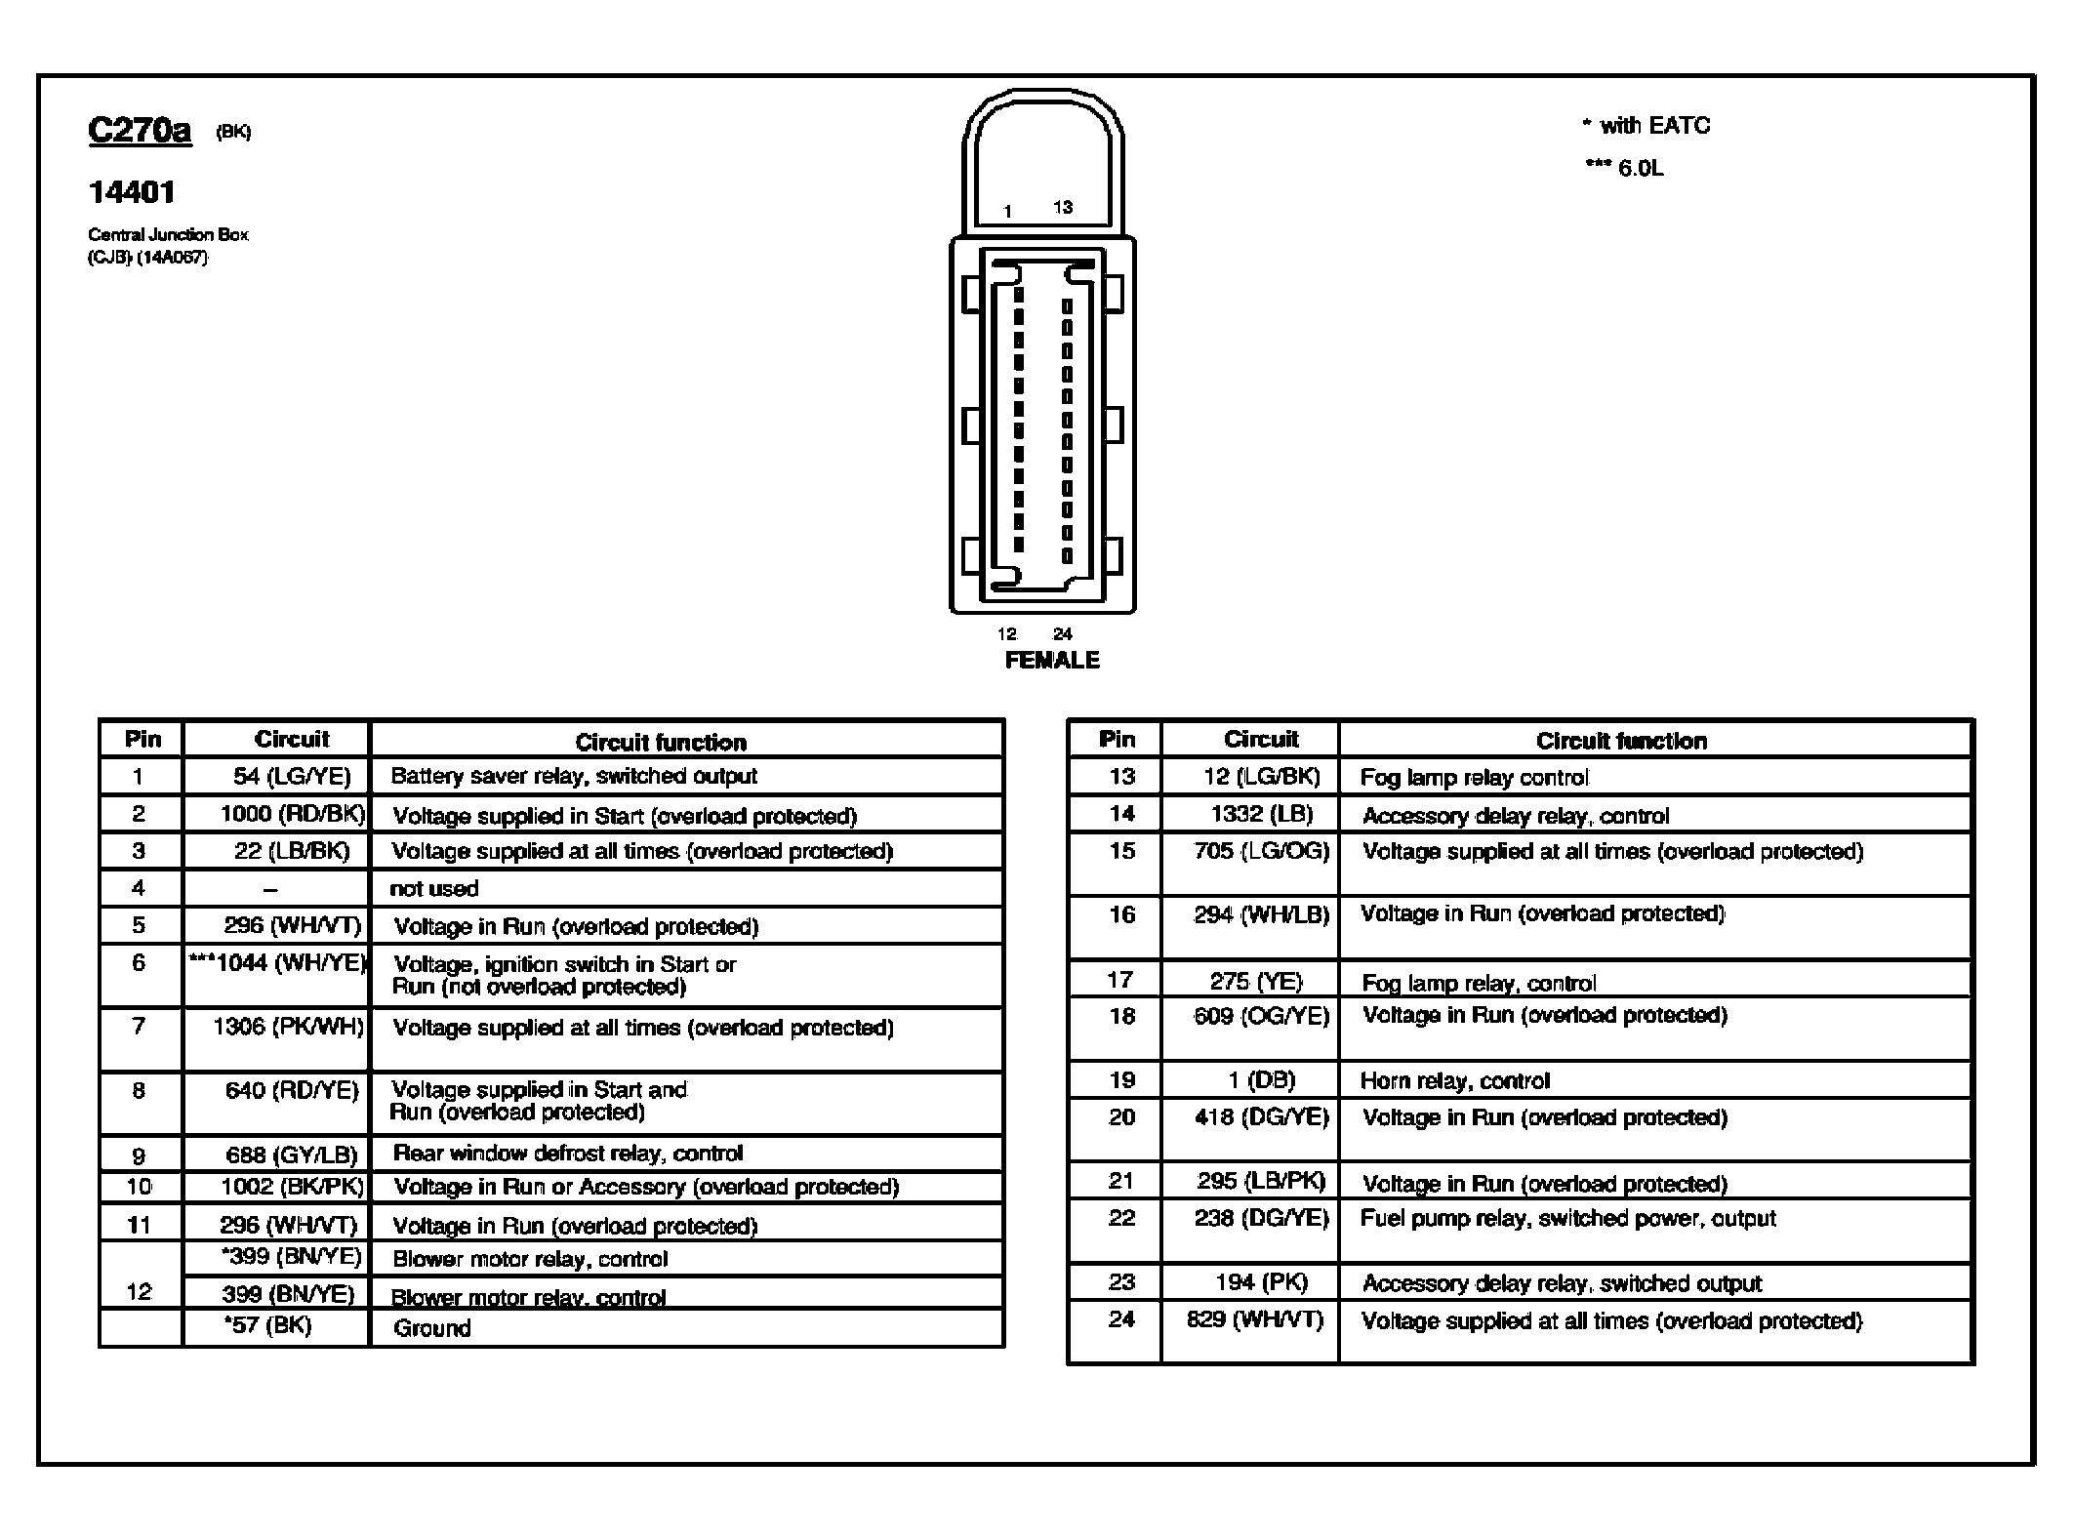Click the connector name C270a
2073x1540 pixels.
(x=140, y=130)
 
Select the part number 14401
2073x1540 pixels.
(x=132, y=192)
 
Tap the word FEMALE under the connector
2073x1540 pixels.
(x=1051, y=660)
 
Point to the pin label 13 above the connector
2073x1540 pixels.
(x=1063, y=207)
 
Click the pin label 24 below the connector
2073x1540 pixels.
(x=1063, y=633)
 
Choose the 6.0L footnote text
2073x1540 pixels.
(x=1641, y=168)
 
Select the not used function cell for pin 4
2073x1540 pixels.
(x=434, y=888)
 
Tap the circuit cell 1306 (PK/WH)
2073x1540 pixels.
(x=289, y=1026)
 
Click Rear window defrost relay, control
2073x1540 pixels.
(x=568, y=1153)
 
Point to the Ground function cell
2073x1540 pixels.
(x=432, y=1327)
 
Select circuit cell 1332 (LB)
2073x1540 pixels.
(x=1261, y=814)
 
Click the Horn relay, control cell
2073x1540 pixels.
(x=1454, y=1080)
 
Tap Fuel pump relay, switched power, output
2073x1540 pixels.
(x=1567, y=1218)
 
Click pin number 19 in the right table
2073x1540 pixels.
(x=1121, y=1080)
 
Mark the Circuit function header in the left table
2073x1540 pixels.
(x=661, y=742)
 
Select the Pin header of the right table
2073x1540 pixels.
(x=1117, y=739)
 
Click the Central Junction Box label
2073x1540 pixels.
(x=168, y=234)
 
